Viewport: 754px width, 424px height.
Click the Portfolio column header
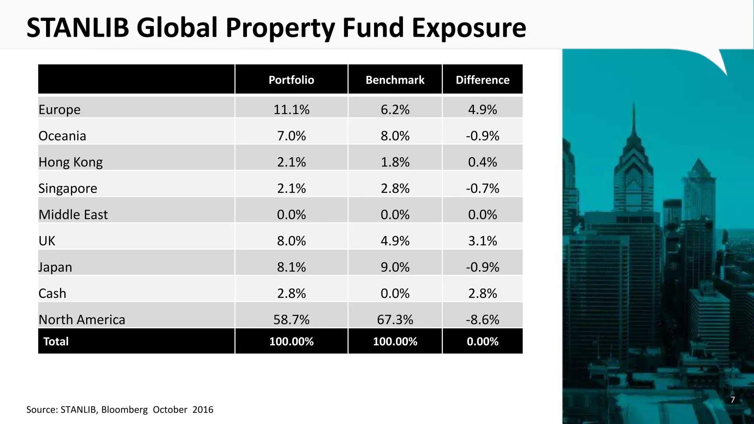pyautogui.click(x=291, y=80)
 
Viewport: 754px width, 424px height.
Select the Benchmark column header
pyautogui.click(x=395, y=80)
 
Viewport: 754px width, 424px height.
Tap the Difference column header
pyautogui.click(x=482, y=80)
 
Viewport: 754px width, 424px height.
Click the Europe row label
pyautogui.click(x=59, y=110)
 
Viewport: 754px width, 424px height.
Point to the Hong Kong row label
pyautogui.click(x=70, y=162)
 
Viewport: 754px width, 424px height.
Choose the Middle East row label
pyautogui.click(x=73, y=215)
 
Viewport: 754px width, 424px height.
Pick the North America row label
pyautogui.click(x=82, y=319)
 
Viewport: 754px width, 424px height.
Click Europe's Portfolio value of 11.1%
pyautogui.click(x=291, y=110)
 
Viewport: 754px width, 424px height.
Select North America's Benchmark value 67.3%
pyautogui.click(x=395, y=319)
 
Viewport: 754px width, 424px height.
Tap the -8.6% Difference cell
pyautogui.click(x=482, y=319)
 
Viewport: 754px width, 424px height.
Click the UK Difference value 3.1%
pyautogui.click(x=482, y=241)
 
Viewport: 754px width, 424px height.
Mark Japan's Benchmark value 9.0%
pyautogui.click(x=395, y=267)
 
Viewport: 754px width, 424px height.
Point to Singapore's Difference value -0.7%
pyautogui.click(x=482, y=188)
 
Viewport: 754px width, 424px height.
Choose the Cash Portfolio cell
pyautogui.click(x=291, y=293)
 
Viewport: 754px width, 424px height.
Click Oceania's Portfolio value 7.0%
pyautogui.click(x=291, y=136)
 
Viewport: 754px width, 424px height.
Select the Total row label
pyautogui.click(x=56, y=342)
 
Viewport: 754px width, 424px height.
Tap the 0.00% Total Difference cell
pyautogui.click(x=482, y=342)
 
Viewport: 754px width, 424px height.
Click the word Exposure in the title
pyautogui.click(x=469, y=28)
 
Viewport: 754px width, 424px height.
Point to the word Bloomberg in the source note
pyautogui.click(x=124, y=410)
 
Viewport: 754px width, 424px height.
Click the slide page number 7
pyautogui.click(x=732, y=400)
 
